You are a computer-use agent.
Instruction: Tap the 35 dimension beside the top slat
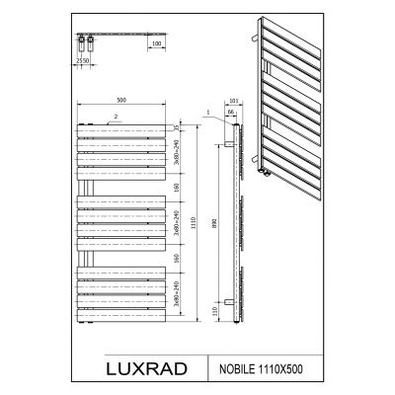tap(174, 127)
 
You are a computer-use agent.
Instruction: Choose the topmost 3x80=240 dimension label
tap(174, 151)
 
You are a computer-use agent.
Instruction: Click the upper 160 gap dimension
tap(174, 187)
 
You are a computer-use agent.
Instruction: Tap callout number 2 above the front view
tap(117, 118)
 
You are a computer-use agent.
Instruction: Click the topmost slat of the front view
tap(118, 127)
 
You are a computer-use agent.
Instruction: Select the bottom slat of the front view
tap(118, 317)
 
